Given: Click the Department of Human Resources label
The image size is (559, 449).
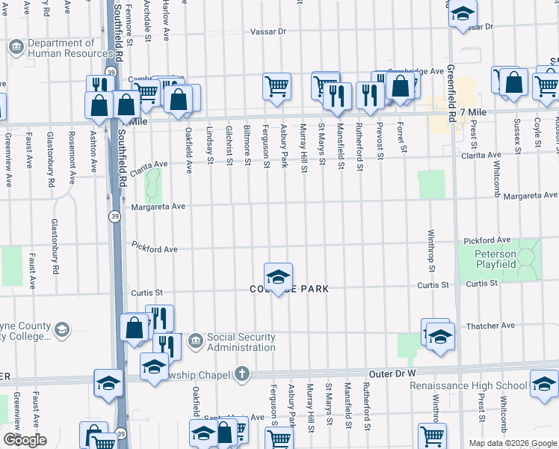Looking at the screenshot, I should [72, 49].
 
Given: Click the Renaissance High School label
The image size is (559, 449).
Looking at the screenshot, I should [469, 386].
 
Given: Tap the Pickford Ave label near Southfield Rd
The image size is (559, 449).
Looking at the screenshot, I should [154, 246].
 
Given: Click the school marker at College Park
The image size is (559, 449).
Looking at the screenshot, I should [278, 277].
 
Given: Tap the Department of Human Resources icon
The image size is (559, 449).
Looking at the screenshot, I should [16, 49].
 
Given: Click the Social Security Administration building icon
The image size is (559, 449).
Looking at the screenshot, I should [194, 341].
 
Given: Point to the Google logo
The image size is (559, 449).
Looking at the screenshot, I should [25, 440].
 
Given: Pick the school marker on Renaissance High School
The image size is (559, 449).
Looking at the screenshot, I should [543, 385].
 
